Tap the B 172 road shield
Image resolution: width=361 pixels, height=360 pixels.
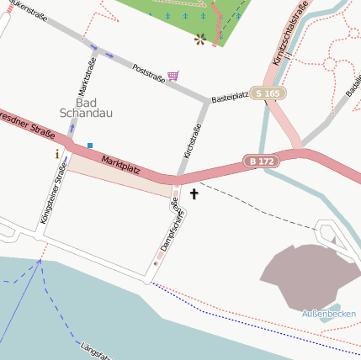261,160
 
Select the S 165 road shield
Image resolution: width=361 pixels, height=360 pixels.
268,93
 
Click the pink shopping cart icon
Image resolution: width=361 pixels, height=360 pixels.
173,76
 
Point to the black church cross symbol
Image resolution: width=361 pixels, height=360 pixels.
194,194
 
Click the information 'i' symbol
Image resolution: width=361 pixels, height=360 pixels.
57,154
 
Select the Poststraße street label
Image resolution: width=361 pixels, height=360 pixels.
148,71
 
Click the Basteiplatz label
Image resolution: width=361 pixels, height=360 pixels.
229,97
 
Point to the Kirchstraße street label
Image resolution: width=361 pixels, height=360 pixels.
192,141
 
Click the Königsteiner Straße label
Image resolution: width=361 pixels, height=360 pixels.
53,193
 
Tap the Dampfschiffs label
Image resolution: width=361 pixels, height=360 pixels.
172,225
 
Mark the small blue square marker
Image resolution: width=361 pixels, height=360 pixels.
90,146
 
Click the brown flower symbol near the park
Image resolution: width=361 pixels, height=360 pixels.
200,39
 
